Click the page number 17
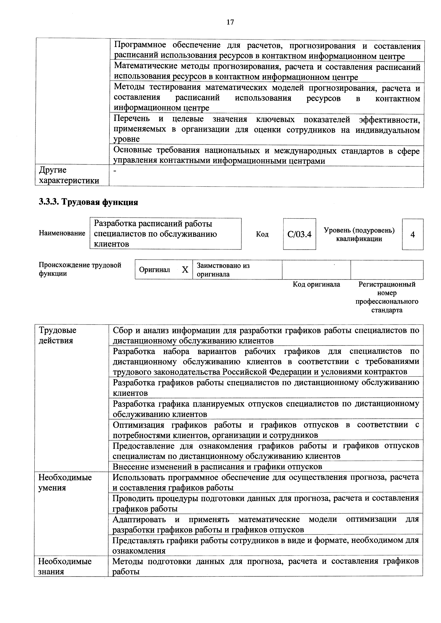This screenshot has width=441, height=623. (x=230, y=22)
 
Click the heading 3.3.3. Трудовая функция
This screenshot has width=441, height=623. (x=88, y=202)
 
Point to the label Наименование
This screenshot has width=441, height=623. (x=62, y=233)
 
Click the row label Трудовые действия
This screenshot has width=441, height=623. (x=57, y=335)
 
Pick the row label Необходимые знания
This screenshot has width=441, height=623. (x=65, y=566)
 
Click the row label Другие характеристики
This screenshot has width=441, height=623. (x=69, y=175)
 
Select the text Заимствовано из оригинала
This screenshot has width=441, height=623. (x=223, y=270)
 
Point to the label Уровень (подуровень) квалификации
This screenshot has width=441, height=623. (x=359, y=234)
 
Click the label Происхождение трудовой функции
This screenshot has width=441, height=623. (x=80, y=269)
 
